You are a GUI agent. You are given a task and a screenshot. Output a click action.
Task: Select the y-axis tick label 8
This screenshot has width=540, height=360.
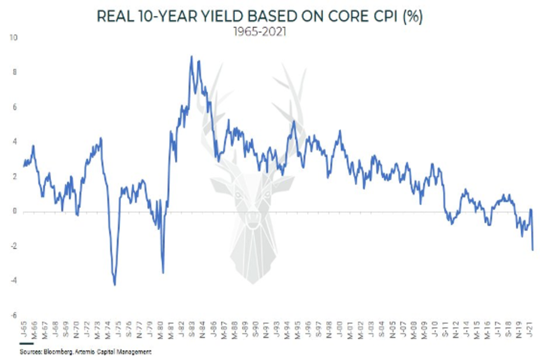pyautogui.click(x=15, y=72)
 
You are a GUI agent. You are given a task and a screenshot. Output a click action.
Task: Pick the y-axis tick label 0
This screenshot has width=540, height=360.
pyautogui.click(x=15, y=211)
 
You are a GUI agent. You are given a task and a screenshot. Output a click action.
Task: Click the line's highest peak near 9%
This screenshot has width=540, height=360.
pyautogui.click(x=191, y=56)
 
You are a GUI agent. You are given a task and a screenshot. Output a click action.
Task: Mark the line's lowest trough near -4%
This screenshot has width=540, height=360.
pyautogui.click(x=115, y=285)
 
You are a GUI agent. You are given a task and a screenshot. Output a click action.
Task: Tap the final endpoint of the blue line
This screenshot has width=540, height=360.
pyautogui.click(x=533, y=250)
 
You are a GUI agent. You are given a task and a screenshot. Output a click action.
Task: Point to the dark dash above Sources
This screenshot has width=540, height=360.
pyautogui.click(x=27, y=344)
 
